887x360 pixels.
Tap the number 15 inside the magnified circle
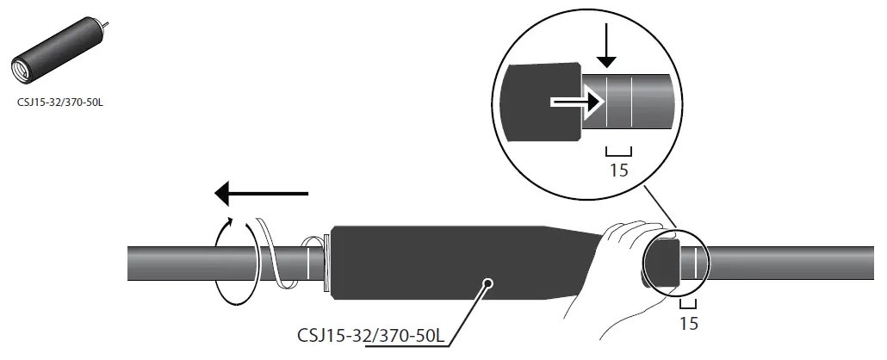coord(618,170)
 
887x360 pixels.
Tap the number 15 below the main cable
coord(687,324)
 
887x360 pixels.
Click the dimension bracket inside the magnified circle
coord(618,148)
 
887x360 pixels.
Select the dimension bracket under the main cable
coord(687,303)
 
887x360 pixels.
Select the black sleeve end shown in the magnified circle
coord(543,101)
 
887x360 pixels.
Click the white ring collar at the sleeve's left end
coord(326,260)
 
